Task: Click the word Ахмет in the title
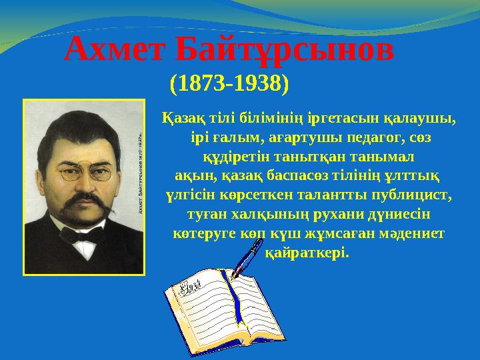coord(113,49)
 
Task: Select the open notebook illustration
coord(220,307)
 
